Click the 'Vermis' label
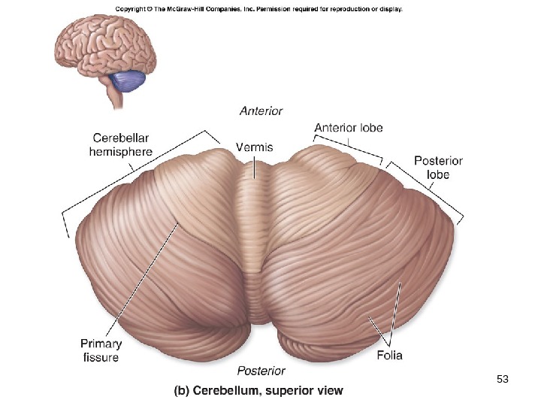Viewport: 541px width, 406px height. tap(254, 147)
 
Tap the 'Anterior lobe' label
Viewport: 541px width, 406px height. tap(348, 128)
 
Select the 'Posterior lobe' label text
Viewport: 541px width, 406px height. tap(438, 168)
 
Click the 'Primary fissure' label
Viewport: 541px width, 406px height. tap(100, 350)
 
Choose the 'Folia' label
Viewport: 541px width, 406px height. tap(389, 355)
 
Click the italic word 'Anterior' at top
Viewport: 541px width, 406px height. tap(261, 111)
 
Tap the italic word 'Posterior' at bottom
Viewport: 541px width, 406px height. tap(261, 371)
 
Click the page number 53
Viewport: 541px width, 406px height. tap(503, 378)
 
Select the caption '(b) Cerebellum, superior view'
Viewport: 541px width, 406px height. tap(258, 391)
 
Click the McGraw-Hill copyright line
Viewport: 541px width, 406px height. tap(259, 10)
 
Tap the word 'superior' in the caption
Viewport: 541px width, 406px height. tap(297, 391)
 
